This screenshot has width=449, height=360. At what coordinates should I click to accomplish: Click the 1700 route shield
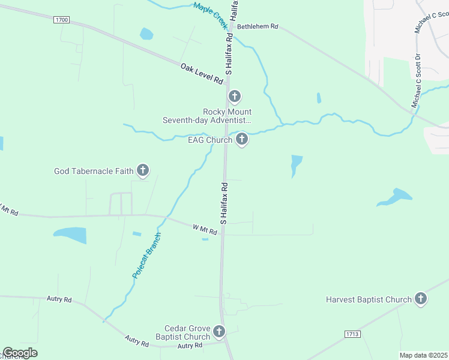(61, 20)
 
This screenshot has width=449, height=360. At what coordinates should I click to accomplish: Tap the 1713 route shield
(353, 333)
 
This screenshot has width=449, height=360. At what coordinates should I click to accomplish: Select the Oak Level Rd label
(202, 74)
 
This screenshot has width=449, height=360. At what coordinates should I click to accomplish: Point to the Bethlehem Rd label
(258, 26)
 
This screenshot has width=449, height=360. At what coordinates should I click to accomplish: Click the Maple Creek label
(211, 16)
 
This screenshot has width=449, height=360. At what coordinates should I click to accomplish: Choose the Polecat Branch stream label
(147, 255)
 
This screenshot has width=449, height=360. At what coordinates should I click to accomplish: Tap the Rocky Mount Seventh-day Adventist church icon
(235, 96)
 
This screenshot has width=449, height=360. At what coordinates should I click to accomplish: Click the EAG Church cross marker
(242, 140)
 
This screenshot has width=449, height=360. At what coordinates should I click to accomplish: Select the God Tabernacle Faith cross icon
(143, 171)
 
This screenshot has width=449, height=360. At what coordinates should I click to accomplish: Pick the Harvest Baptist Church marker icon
(421, 299)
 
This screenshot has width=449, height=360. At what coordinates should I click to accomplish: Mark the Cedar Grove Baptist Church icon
(219, 331)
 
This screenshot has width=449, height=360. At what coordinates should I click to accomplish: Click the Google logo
(20, 353)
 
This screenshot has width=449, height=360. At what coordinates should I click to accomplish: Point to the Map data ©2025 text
(423, 355)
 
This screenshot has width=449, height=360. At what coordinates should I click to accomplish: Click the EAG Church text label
(210, 140)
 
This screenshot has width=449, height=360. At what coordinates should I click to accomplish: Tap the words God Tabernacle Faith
(94, 171)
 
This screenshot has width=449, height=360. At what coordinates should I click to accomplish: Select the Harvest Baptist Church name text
(369, 299)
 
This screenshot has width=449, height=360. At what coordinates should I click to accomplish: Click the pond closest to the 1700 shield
(146, 34)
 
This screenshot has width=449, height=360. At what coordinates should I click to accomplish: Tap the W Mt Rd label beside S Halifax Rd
(204, 229)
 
